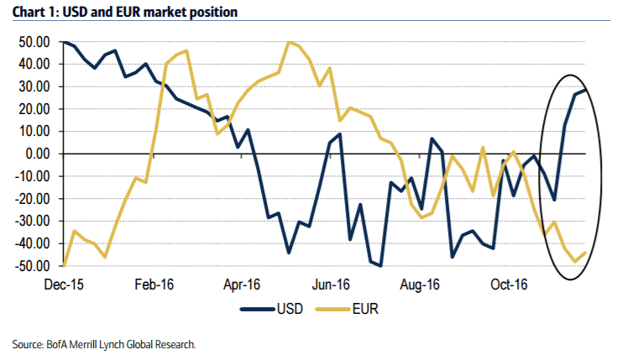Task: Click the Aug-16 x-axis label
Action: [x=420, y=283]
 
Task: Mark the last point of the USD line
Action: [x=586, y=90]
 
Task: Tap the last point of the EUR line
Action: [x=586, y=253]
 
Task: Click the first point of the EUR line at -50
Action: [x=65, y=265]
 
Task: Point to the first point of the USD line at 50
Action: [x=65, y=42]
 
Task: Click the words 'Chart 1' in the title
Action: [x=33, y=13]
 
